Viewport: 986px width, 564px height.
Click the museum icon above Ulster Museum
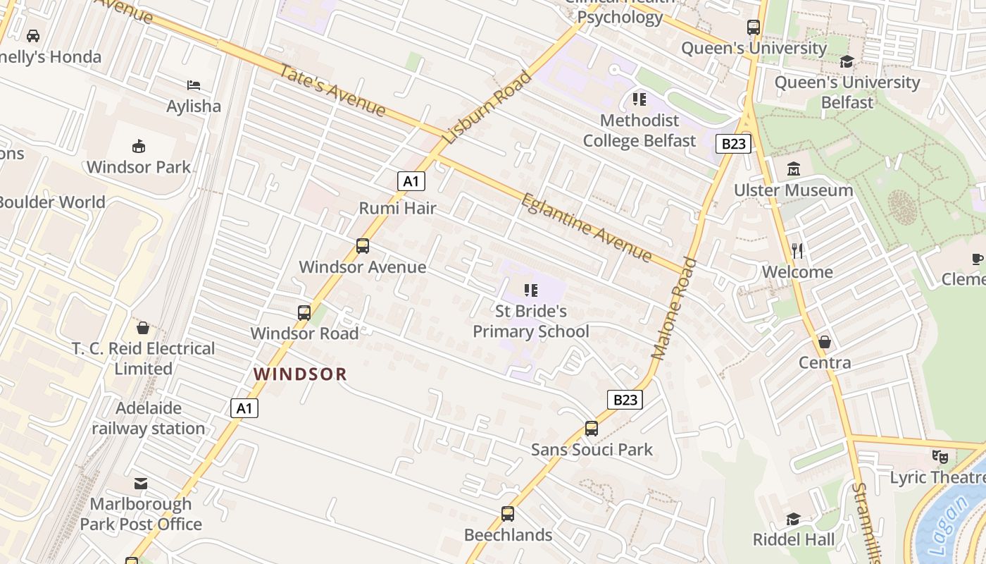coord(794,169)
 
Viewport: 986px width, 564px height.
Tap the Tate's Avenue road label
coord(333,91)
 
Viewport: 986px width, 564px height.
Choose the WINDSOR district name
coord(301,374)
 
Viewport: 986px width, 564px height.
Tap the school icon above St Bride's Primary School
coord(531,290)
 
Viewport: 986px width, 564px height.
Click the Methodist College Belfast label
coord(639,131)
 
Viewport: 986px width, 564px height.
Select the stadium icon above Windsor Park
coord(139,147)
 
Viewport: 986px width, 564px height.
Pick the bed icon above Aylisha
coord(194,85)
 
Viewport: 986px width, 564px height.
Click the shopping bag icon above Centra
coord(825,342)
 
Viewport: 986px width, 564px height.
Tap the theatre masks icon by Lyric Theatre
coord(940,457)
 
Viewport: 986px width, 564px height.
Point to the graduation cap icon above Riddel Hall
coord(793,520)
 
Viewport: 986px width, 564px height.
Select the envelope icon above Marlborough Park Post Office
coord(141,484)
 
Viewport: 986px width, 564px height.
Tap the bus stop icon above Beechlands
coord(508,514)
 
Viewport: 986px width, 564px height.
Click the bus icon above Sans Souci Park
coord(592,429)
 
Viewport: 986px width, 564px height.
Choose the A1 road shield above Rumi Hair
coord(411,181)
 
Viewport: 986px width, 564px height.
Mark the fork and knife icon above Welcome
coord(797,251)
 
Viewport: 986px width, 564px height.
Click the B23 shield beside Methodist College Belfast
coord(734,144)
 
